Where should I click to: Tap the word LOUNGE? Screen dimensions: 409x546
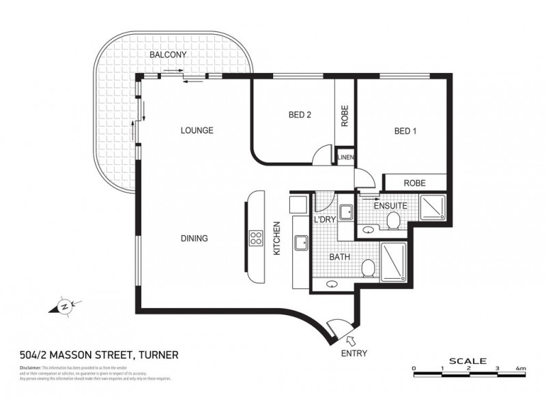point(197,130)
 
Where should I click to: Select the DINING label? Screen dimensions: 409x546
point(195,239)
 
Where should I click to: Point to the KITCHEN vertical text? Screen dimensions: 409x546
point(277,239)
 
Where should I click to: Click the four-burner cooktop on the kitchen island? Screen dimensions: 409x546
point(257,238)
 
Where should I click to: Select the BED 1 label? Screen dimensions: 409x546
point(405,132)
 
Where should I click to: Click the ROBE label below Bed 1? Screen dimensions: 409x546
point(415,183)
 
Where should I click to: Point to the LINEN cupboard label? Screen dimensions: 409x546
point(345,157)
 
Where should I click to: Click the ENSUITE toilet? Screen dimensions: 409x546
point(393,220)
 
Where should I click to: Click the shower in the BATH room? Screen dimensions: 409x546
point(394,262)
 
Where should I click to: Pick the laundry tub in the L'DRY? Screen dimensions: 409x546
point(345,213)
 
